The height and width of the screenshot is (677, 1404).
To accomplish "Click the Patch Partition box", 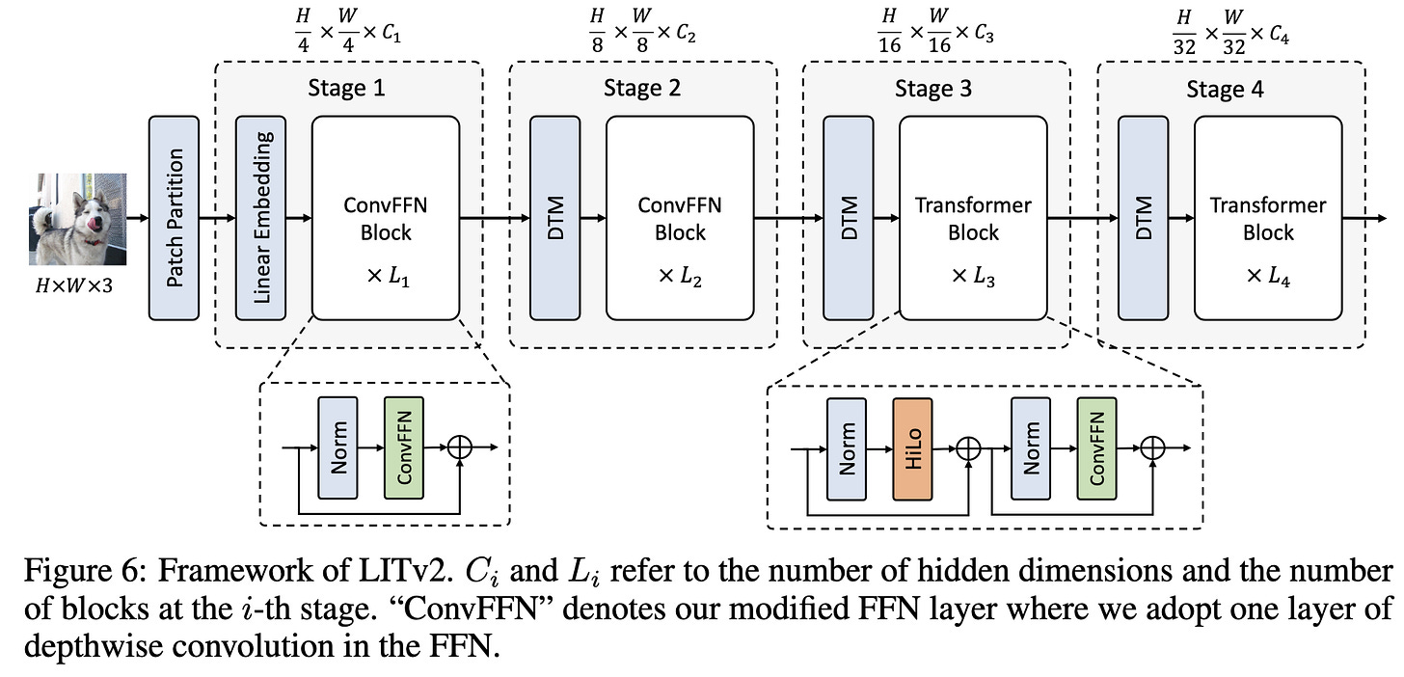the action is (174, 218).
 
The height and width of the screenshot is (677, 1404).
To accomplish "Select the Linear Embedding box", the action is (260, 218).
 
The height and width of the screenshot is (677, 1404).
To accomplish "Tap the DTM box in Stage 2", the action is (554, 218).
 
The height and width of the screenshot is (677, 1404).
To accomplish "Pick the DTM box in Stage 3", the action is (848, 218).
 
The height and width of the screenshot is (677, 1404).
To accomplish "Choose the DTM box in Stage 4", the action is (1144, 218).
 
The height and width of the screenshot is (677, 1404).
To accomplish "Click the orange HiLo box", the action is (912, 448).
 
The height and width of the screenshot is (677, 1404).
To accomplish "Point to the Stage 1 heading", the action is (346, 88).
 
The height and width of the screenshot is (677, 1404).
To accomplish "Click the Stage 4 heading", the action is (1225, 89).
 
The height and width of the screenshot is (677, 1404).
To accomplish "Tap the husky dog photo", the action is (78, 220).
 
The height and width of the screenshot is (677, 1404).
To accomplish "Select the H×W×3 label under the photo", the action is (74, 285).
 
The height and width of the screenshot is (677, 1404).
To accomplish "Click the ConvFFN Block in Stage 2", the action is (680, 218).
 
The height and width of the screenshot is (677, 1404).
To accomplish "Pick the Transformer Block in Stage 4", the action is (1268, 218).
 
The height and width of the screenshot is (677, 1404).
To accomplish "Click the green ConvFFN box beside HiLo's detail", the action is (1097, 448).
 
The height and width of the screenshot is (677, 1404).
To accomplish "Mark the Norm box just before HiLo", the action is (847, 448).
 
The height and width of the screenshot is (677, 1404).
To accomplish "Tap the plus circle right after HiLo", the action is (968, 448).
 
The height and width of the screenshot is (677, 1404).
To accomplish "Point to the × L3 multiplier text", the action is (973, 277).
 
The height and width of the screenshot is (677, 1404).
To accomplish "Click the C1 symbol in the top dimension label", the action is (391, 33).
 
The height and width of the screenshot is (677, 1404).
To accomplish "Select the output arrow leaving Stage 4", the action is (1364, 218).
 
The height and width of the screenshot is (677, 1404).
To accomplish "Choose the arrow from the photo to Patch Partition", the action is (138, 218).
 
